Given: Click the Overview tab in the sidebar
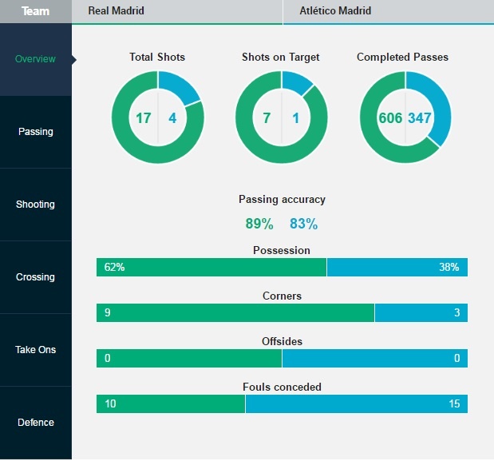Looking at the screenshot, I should click(35, 59).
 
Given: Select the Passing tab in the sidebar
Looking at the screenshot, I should click(35, 132).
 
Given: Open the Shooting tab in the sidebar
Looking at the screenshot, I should click(35, 205).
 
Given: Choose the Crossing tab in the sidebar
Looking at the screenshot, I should click(35, 277).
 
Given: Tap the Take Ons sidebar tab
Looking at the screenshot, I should click(35, 350).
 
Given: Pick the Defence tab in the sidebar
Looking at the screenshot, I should click(35, 423).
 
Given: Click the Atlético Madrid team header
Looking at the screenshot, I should click(335, 11).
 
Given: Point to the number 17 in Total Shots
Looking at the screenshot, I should click(143, 118).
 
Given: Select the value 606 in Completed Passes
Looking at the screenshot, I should click(390, 118).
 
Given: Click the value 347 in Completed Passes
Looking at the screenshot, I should click(420, 118).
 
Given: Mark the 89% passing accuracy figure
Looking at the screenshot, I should click(259, 224).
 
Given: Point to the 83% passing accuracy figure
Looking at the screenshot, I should click(303, 224).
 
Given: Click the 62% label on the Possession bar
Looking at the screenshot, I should click(114, 267).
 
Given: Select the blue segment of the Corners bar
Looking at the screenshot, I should click(421, 312).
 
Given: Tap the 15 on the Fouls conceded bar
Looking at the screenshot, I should click(454, 403).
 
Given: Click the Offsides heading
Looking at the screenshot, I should click(282, 341).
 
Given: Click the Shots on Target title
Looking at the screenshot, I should click(281, 58).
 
